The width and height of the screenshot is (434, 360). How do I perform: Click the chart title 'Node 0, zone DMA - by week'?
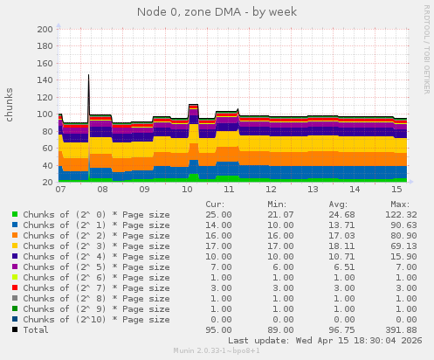(x=217, y=12)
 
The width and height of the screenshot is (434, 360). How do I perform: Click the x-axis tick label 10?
(x=187, y=189)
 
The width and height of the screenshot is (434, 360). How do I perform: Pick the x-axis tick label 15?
(x=396, y=189)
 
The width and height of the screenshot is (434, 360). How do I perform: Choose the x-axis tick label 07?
(x=60, y=189)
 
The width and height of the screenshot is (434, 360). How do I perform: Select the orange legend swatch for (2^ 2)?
(x=15, y=235)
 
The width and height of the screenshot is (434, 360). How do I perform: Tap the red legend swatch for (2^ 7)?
(x=15, y=287)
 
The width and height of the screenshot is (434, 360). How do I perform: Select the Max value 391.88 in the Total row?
(x=398, y=329)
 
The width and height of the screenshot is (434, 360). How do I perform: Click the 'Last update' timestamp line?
(x=323, y=340)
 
